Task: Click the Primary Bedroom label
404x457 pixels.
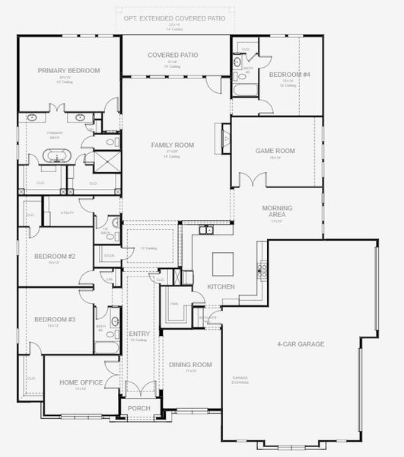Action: pos(69,71)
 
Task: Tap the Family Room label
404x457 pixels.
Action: pos(173,145)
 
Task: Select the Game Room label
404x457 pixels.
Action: pos(275,151)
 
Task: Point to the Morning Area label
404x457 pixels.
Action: pos(278,211)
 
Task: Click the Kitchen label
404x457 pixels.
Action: pos(221,286)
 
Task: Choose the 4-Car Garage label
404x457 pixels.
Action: pos(301,344)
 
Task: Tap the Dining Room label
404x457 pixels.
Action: pos(190,365)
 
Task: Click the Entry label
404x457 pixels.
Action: pos(139,334)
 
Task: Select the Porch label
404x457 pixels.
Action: pos(139,407)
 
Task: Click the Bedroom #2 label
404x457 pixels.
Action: pos(54,256)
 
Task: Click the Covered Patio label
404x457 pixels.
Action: pos(173,55)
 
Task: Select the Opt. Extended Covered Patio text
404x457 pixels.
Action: pos(174,17)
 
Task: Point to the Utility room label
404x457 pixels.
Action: pos(68,213)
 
